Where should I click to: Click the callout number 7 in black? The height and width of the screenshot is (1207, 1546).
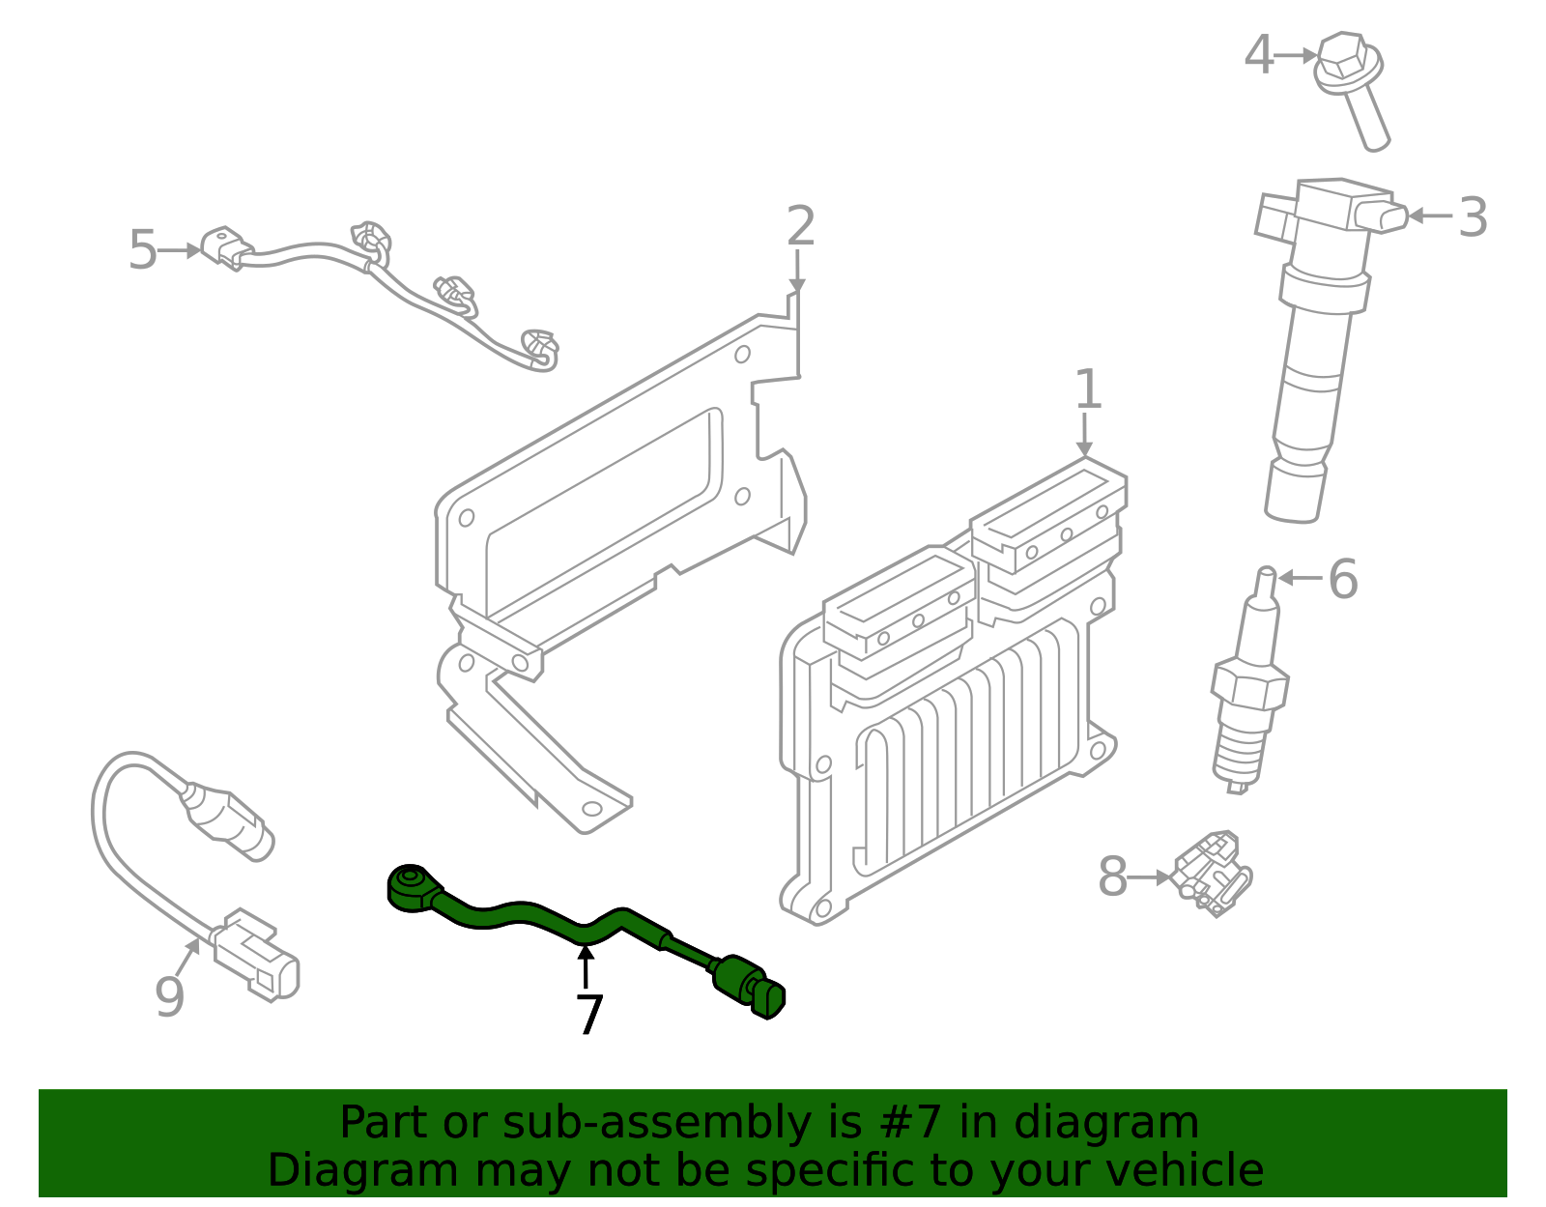(x=589, y=1015)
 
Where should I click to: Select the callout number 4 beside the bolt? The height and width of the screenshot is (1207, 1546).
(x=1258, y=55)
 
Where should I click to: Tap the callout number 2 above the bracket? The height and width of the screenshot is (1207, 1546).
(x=800, y=226)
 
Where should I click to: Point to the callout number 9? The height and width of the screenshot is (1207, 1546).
(x=169, y=996)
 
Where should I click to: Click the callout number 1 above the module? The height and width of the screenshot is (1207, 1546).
(x=1088, y=389)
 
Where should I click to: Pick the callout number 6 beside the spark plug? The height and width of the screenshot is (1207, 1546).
(x=1342, y=579)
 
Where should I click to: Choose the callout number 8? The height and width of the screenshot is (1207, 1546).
(x=1112, y=877)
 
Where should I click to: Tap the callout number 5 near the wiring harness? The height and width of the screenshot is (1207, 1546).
(x=142, y=250)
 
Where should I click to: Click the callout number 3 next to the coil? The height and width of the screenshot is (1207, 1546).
(x=1472, y=217)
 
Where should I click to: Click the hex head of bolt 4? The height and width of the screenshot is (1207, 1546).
(x=1343, y=58)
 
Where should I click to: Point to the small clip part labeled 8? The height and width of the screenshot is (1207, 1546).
(x=1214, y=870)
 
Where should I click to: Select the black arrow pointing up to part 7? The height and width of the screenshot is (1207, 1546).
(x=585, y=966)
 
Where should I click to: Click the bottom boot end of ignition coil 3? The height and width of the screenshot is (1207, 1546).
(x=1295, y=493)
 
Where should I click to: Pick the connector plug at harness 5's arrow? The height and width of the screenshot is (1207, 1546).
(x=226, y=247)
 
